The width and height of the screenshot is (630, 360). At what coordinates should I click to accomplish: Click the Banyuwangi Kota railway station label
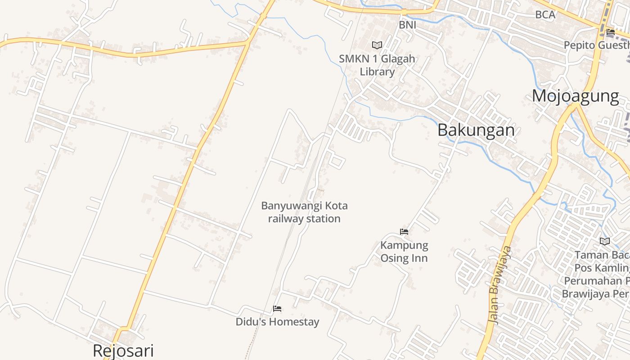pos(305,212)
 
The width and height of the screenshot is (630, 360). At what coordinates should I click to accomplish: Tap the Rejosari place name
pos(123,351)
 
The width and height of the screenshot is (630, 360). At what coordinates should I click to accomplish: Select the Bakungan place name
pos(476,130)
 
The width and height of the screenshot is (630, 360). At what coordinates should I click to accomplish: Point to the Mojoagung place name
pos(576,96)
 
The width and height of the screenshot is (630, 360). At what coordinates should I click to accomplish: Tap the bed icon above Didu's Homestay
pos(277,309)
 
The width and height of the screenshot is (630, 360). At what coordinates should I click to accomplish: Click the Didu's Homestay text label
pos(277,322)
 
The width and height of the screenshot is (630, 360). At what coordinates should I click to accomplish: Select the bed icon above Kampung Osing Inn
pos(404,232)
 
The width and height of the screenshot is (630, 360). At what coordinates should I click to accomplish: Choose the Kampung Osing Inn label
pos(404,252)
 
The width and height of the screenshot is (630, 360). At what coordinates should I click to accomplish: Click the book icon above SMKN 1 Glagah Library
pos(377,45)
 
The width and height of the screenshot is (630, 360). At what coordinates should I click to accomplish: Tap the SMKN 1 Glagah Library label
pos(377,65)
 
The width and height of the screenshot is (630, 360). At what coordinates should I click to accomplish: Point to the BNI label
pos(407,25)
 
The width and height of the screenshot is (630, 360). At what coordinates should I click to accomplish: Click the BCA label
pos(545,14)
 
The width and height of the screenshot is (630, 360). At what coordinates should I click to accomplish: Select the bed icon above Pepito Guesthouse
pos(611,32)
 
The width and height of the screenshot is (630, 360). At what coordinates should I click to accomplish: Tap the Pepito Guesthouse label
pos(597,45)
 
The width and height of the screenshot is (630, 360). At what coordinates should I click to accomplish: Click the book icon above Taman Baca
pos(605,241)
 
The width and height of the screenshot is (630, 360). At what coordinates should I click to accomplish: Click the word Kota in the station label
pos(336,206)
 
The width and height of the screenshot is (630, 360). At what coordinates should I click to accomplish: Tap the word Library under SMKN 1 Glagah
pos(377,72)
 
